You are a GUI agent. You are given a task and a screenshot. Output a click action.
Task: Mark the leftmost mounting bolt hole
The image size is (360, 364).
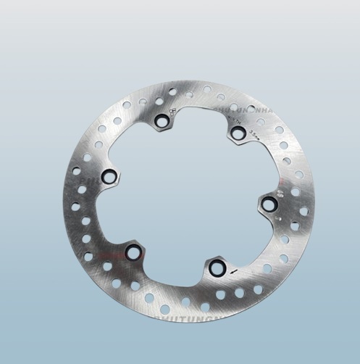tap(109, 176)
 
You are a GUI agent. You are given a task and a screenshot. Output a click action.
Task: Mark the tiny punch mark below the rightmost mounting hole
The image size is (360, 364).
tap(277, 215)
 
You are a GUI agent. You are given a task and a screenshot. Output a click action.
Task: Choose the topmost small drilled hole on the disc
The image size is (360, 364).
tap(207, 89)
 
